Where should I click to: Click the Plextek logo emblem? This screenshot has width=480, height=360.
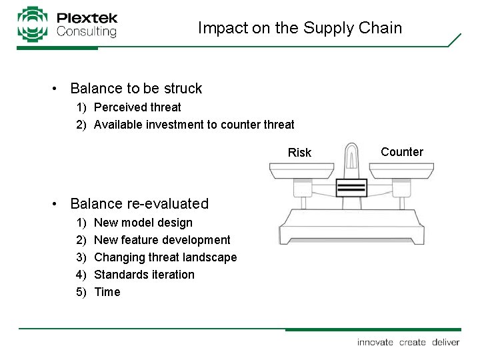coord(33,24)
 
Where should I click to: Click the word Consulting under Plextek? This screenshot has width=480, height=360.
coord(87,31)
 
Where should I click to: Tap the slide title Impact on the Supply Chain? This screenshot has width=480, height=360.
coord(300,28)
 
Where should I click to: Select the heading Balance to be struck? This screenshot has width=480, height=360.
coord(136,88)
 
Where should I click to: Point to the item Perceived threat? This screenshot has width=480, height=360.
coord(137,107)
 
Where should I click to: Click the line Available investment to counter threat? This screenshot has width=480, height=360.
coord(194,124)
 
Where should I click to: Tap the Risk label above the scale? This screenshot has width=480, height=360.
coord(299,153)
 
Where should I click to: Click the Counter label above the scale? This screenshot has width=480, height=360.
coord(401,152)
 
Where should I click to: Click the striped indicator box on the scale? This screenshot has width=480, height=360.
coord(351,187)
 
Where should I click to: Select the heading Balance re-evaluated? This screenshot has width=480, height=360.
coord(139,203)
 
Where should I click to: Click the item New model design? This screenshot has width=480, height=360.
coord(143,223)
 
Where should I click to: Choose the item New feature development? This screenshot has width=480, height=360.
coord(163,240)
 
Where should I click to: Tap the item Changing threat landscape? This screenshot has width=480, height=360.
coord(165,257)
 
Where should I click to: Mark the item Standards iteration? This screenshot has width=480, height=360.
coord(145,275)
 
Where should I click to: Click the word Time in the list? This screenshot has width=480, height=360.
coord(107,292)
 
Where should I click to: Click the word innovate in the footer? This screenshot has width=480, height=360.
coord(375,342)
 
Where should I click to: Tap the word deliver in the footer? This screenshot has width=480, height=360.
coord(445,342)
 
